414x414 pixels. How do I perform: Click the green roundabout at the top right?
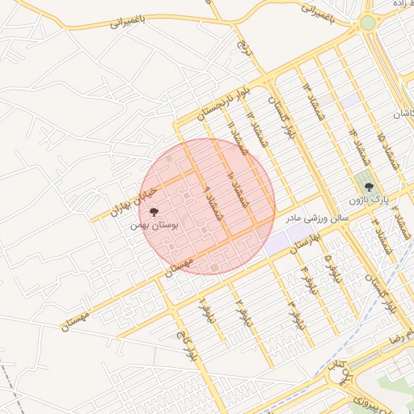coord(368,23)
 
